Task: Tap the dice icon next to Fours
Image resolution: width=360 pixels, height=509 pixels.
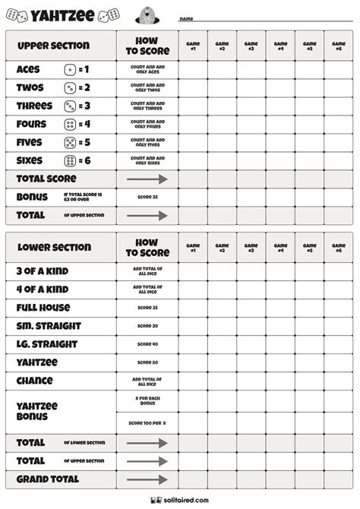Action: [x=70, y=125]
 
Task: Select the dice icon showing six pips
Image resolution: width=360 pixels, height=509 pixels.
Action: [x=70, y=161]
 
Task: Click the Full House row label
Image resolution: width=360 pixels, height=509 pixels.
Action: [x=43, y=308]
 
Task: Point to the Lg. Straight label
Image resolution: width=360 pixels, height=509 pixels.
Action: [x=48, y=344]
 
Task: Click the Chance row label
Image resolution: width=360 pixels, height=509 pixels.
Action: [x=35, y=381]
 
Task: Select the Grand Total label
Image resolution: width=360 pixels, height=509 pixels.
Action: [x=47, y=479]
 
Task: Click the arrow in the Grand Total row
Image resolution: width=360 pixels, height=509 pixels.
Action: [x=147, y=479]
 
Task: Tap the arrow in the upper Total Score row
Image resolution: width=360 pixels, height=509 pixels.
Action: [x=147, y=179]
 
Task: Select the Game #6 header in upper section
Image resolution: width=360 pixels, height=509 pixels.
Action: [x=339, y=46]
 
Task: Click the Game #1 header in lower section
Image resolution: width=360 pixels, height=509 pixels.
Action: [x=193, y=248]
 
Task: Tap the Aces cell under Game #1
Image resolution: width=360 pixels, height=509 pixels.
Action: [x=193, y=70]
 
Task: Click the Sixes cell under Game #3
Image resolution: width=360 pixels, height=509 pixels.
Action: [x=251, y=161]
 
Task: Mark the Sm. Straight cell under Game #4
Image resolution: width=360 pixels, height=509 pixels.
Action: [x=280, y=326]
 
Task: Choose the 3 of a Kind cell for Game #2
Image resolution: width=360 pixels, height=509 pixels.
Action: [x=222, y=271]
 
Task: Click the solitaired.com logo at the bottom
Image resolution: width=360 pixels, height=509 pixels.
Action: [x=179, y=500]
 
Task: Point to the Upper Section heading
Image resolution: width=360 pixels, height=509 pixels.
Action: [x=53, y=46]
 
